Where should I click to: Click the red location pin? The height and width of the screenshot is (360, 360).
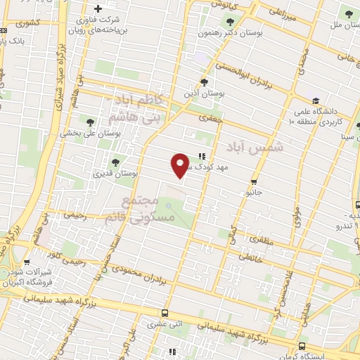pyautogui.click(x=181, y=165)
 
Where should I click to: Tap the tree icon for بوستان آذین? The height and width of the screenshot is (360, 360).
pyautogui.click(x=205, y=82)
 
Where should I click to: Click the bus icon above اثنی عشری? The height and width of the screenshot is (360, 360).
pyautogui.click(x=165, y=314)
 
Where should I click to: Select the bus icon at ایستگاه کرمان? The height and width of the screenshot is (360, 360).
pyautogui.click(x=302, y=346)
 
